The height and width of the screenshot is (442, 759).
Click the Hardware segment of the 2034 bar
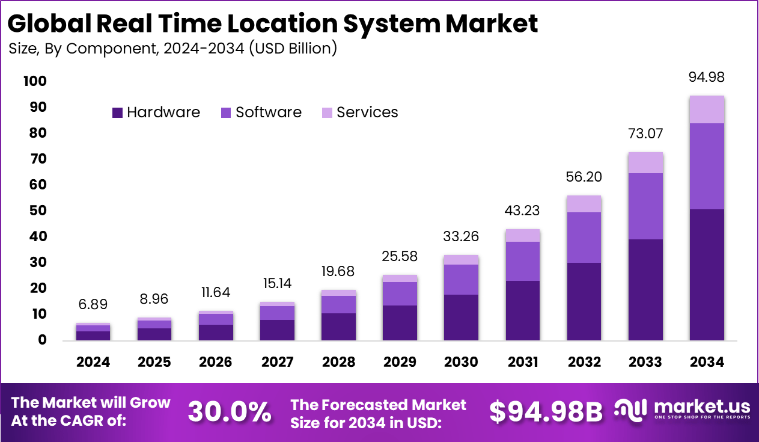[x=707, y=275]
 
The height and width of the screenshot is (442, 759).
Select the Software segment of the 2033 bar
[x=645, y=206]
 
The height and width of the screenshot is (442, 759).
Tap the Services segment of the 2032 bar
[x=584, y=204]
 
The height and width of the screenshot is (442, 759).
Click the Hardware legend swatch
[x=118, y=112]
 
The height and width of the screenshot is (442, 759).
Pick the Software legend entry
[x=268, y=112]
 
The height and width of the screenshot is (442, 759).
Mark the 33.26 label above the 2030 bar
[x=461, y=236]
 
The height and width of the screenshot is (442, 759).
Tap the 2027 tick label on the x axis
[x=278, y=362]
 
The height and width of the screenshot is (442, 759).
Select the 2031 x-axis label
[x=523, y=362]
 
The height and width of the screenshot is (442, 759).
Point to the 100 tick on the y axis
[x=34, y=81]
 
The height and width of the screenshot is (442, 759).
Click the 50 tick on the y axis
[x=38, y=210]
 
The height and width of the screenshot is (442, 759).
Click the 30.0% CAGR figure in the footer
[x=229, y=413]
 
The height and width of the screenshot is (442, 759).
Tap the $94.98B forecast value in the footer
[x=546, y=413]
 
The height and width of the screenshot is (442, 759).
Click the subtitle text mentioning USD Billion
[x=173, y=49]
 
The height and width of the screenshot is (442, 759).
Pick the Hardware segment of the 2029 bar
[x=400, y=323]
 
